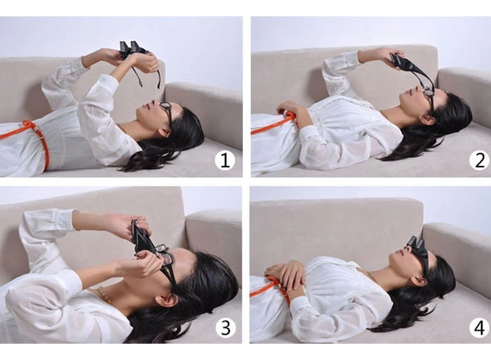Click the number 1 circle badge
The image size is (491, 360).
pos(225,161)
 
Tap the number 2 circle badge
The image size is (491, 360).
pos(479,161)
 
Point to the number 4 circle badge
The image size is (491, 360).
pos(480,328)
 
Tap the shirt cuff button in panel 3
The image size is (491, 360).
pos(64,224)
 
